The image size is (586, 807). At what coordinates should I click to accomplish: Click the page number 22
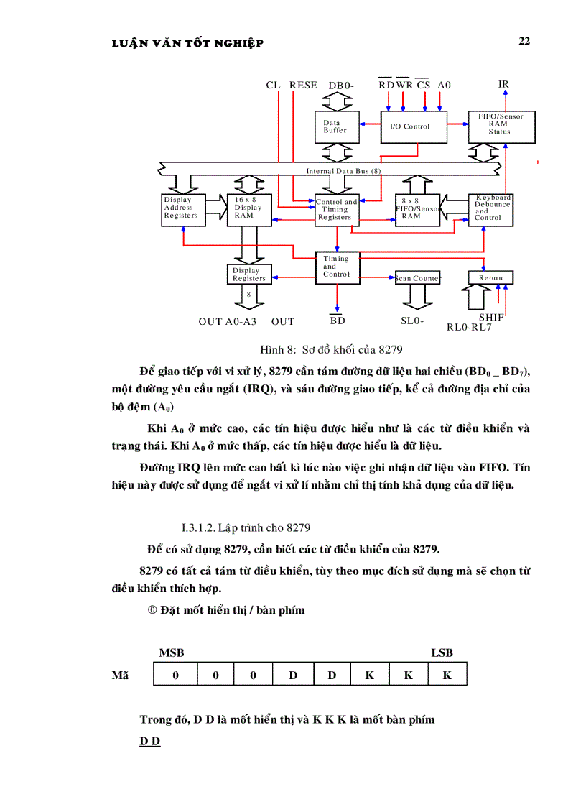524,41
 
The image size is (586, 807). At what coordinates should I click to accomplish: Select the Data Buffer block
335,127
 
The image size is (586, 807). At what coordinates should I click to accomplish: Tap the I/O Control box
412,126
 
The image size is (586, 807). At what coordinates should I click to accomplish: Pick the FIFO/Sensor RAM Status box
500,124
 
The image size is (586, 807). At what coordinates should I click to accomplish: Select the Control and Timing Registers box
336,210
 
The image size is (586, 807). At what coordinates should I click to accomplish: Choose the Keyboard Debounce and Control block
492,209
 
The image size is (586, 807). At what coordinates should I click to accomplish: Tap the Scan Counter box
417,278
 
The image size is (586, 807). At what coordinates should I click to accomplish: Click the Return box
491,277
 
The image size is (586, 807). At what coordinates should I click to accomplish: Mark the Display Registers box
249,275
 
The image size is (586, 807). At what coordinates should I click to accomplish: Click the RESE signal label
303,85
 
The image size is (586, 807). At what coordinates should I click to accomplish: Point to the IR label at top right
503,84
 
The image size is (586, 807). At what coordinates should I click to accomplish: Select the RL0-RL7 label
469,327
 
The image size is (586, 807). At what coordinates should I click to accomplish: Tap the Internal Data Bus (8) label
343,171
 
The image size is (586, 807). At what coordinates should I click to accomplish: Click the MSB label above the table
171,652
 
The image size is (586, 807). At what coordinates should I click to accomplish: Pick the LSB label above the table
442,652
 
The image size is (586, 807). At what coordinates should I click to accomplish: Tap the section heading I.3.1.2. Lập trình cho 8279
246,525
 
